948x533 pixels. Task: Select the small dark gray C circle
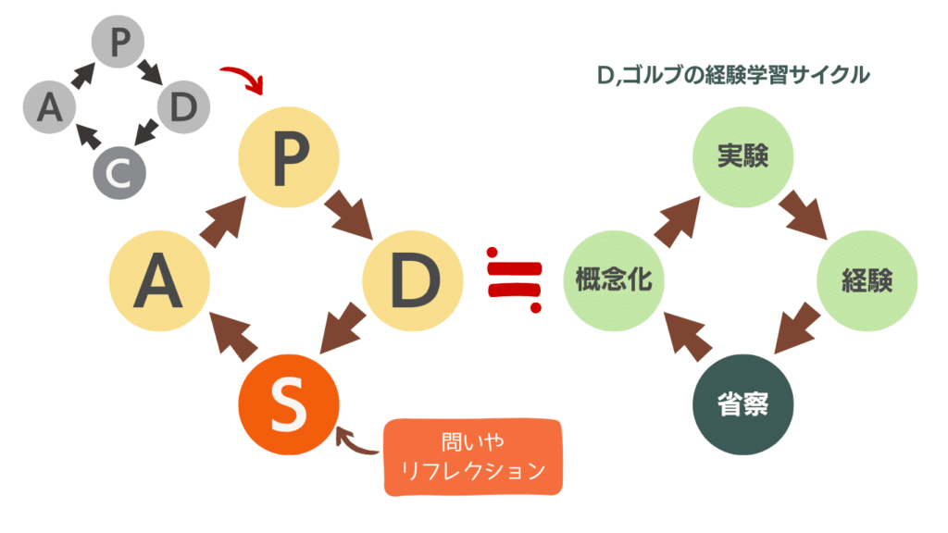(x=118, y=172)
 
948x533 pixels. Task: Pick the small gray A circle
(x=49, y=108)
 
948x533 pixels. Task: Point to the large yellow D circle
(x=413, y=281)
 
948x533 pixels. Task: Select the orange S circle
(x=288, y=404)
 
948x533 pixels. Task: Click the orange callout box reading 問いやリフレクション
(x=473, y=457)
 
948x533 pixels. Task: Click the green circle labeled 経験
(x=867, y=281)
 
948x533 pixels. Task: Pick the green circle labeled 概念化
(x=614, y=281)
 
